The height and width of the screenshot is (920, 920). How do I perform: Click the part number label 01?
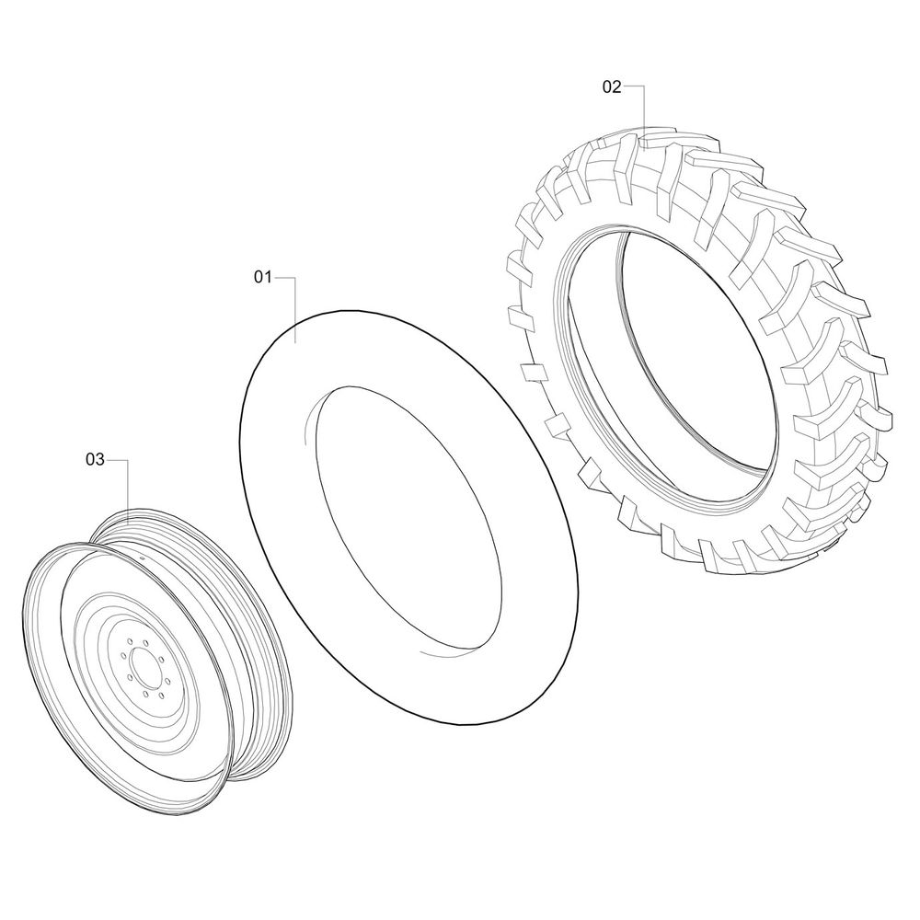tap(263, 277)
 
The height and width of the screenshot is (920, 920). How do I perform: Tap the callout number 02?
tap(612, 86)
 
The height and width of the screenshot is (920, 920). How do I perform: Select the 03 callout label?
tap(95, 459)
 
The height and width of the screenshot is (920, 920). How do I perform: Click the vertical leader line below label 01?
tap(295, 310)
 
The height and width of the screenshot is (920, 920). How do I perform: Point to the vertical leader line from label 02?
tap(644, 119)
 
